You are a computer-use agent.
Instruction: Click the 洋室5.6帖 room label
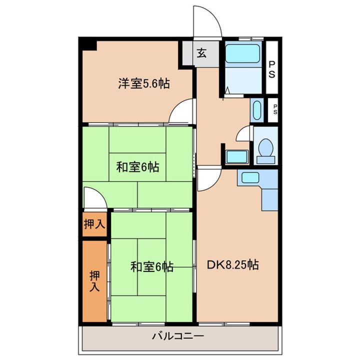pyautogui.click(x=143, y=84)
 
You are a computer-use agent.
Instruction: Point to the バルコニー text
pyautogui.click(x=177, y=336)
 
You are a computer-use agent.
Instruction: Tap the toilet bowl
pyautogui.click(x=265, y=148)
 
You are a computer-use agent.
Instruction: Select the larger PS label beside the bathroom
pyautogui.click(x=272, y=69)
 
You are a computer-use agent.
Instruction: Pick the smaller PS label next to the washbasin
pyautogui.click(x=274, y=109)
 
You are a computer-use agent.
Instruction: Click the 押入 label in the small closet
pyautogui.click(x=94, y=225)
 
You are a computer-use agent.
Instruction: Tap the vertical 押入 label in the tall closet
pyautogui.click(x=94, y=281)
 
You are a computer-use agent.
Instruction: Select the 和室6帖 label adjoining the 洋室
pyautogui.click(x=138, y=167)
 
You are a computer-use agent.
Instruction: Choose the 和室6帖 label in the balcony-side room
pyautogui.click(x=152, y=267)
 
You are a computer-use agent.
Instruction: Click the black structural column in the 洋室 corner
pyautogui.click(x=89, y=44)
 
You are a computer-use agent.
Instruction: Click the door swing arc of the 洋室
pyautogui.click(x=182, y=111)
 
